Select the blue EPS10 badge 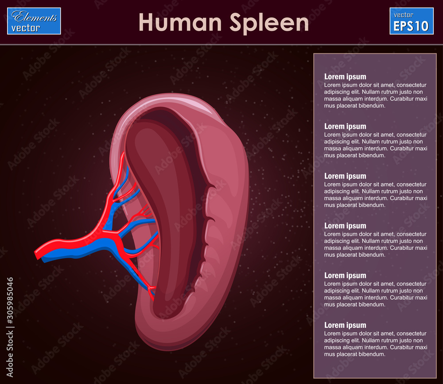[411, 21]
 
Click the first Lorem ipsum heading [345, 77]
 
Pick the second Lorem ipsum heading [345, 127]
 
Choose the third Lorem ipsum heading [345, 176]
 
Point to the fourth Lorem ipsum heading [345, 226]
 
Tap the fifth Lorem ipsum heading [345, 276]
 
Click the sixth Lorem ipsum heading [345, 325]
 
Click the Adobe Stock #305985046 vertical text [10, 327]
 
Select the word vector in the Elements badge [26, 28]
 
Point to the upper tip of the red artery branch [123, 154]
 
